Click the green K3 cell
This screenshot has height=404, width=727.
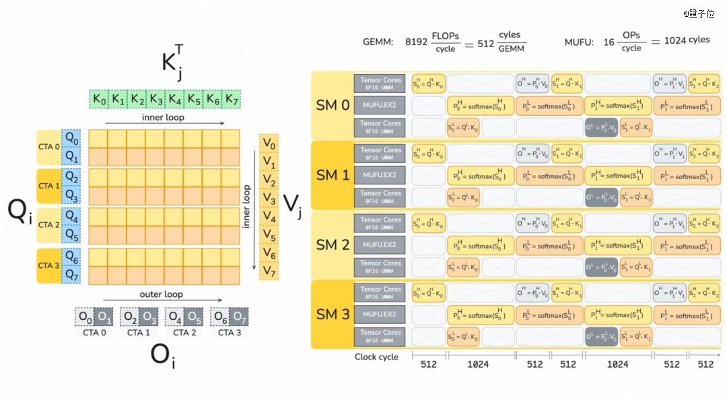click(x=156, y=100)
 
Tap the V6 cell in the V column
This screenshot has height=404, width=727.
click(x=269, y=253)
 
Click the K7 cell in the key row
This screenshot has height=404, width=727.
click(x=232, y=100)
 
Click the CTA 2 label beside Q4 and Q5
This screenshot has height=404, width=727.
click(x=49, y=225)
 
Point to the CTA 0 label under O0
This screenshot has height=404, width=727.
click(x=94, y=333)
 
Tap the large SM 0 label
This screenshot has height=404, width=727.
click(x=333, y=105)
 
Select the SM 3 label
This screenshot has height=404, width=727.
click(x=333, y=314)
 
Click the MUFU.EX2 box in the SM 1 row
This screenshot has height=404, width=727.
click(x=380, y=176)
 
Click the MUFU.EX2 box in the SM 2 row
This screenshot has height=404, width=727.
click(x=380, y=245)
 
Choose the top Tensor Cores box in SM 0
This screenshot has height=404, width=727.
click(x=380, y=83)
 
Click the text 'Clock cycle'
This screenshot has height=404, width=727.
click(x=376, y=357)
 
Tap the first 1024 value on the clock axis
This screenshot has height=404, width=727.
click(x=478, y=365)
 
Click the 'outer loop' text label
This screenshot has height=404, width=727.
click(x=162, y=294)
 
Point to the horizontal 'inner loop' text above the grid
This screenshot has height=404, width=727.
click(x=163, y=117)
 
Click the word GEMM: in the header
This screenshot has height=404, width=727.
click(x=378, y=42)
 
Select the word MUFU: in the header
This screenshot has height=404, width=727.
click(x=579, y=42)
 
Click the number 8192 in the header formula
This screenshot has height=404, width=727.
click(x=416, y=42)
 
